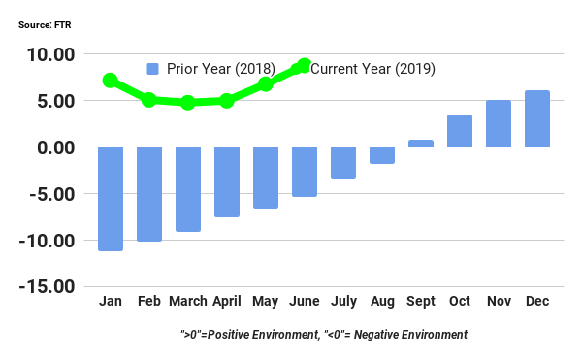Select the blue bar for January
click(111, 198)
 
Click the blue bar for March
click(188, 188)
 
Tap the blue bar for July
click(343, 162)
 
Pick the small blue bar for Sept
click(421, 144)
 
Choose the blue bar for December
click(537, 118)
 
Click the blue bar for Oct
click(460, 131)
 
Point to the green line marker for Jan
click(111, 81)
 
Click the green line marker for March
click(188, 102)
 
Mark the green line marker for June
click(304, 66)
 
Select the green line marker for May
click(266, 84)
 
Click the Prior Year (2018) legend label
click(221, 69)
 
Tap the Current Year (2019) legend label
click(372, 69)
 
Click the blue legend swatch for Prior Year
click(153, 69)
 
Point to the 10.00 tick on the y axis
click(50, 55)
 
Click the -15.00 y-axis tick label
click(48, 287)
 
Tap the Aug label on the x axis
click(382, 302)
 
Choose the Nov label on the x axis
click(499, 302)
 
